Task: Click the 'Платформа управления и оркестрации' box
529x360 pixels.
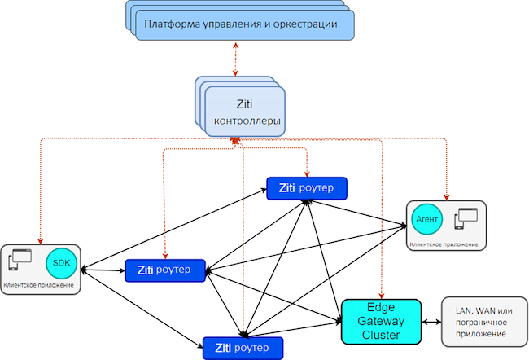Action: [240, 24]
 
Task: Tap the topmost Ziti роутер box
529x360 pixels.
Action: [307, 187]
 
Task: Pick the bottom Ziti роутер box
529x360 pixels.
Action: [243, 348]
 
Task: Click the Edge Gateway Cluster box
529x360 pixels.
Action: [381, 320]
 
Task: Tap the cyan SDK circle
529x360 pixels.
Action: [62, 263]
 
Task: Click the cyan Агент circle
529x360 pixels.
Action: [427, 219]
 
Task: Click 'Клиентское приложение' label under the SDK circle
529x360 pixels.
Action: [39, 285]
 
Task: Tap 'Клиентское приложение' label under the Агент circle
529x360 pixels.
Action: [444, 243]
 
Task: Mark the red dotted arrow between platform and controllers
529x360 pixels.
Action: [237, 60]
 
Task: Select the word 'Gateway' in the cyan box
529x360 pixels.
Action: [381, 320]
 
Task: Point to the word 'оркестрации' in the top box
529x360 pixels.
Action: [303, 24]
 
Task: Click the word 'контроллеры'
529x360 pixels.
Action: [247, 122]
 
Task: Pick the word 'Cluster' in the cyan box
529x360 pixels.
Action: [381, 334]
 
